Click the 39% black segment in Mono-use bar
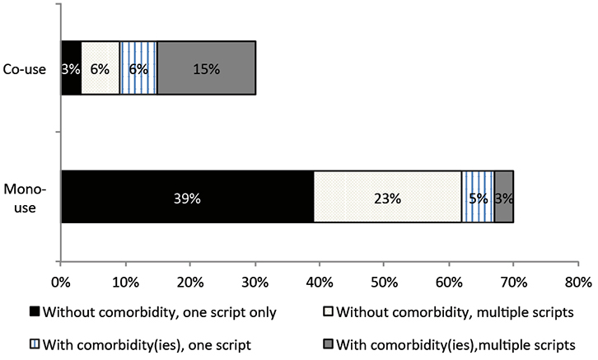click(187, 198)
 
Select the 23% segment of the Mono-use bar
click(387, 198)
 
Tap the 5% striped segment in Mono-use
click(478, 198)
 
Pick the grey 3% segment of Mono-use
click(503, 198)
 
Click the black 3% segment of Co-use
click(71, 69)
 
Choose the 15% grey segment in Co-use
click(206, 69)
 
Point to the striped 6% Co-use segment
click(138, 69)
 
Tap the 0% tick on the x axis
click(61, 282)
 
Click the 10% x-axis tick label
click(125, 282)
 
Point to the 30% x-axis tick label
click(255, 282)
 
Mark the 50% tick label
click(384, 282)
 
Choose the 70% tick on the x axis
click(513, 282)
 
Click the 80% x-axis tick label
click(577, 282)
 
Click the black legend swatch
click(34, 312)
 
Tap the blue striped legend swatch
click(34, 343)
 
